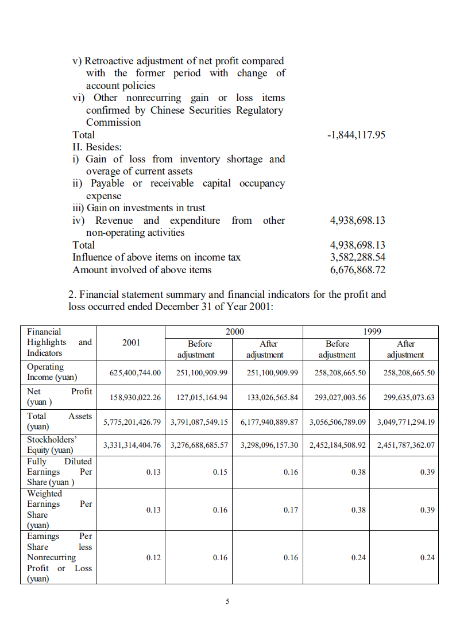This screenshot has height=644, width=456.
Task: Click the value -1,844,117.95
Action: click(356, 135)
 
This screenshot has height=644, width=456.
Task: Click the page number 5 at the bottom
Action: click(228, 602)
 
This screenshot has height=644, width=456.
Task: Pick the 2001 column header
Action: click(131, 343)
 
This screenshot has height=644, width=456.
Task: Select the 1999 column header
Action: click(371, 332)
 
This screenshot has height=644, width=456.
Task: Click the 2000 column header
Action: click(234, 332)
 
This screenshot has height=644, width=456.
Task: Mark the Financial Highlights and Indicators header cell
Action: click(59, 343)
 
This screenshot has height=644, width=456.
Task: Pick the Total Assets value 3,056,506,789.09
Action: click(337, 422)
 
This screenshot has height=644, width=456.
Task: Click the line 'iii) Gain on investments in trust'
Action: click(138, 208)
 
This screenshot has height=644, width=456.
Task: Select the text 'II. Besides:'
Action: click(97, 147)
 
